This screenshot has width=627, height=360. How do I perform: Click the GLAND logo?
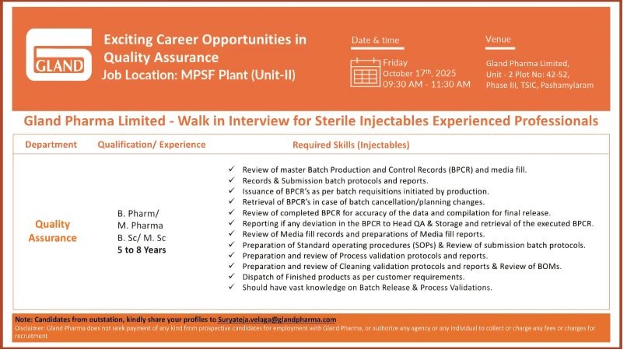coord(59,54)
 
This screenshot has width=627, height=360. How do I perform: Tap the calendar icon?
coord(365,72)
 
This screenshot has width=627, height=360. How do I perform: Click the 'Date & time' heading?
coord(375,40)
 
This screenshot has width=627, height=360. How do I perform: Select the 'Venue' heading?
coord(498,39)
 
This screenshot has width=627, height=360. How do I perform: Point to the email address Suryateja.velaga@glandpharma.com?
coord(277,320)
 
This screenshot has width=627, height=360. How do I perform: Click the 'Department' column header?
coord(51,145)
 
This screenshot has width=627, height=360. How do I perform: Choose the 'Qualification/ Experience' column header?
coord(152,145)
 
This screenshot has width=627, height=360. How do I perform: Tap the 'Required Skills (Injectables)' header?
coord(351,145)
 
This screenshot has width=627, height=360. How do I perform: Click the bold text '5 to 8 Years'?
coord(142,250)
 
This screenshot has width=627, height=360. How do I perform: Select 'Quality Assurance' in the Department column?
coord(52,231)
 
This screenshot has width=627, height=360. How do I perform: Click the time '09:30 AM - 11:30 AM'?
coord(426,84)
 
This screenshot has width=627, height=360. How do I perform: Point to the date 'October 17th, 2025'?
coord(419,74)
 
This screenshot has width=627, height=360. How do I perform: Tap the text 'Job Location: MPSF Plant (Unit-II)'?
coord(198,75)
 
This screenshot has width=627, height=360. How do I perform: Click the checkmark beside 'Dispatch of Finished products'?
coord(232,276)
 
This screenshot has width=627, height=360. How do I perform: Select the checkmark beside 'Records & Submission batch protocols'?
coord(232,180)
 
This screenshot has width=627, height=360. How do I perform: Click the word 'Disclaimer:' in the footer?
coord(30,328)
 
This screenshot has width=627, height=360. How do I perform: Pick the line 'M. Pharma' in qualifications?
coord(140,225)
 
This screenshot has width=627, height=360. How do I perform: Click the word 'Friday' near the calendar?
coord(395,63)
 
